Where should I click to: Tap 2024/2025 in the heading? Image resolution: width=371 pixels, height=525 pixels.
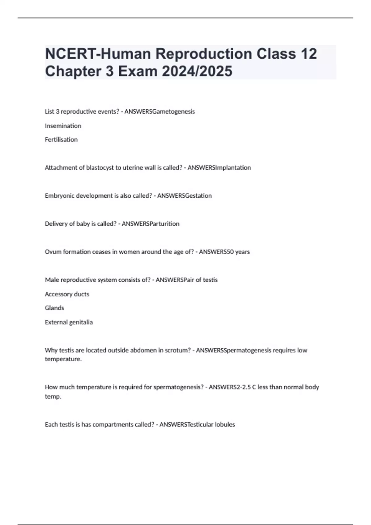pos(197,71)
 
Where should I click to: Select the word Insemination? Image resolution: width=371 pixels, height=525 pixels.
pos(63,126)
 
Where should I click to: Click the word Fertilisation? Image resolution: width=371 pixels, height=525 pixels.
pos(61,140)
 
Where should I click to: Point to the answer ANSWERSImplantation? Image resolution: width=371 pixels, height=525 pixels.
pos(219,168)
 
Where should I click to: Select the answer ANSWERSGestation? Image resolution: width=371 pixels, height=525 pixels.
pos(185,196)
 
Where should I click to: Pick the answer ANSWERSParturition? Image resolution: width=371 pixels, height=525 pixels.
pos(151,224)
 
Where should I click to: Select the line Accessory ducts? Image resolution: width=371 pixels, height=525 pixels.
pos(67,294)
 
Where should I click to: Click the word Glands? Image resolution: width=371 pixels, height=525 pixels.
pos(54,308)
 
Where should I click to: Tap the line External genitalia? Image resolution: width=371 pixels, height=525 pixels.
pos(69,322)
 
